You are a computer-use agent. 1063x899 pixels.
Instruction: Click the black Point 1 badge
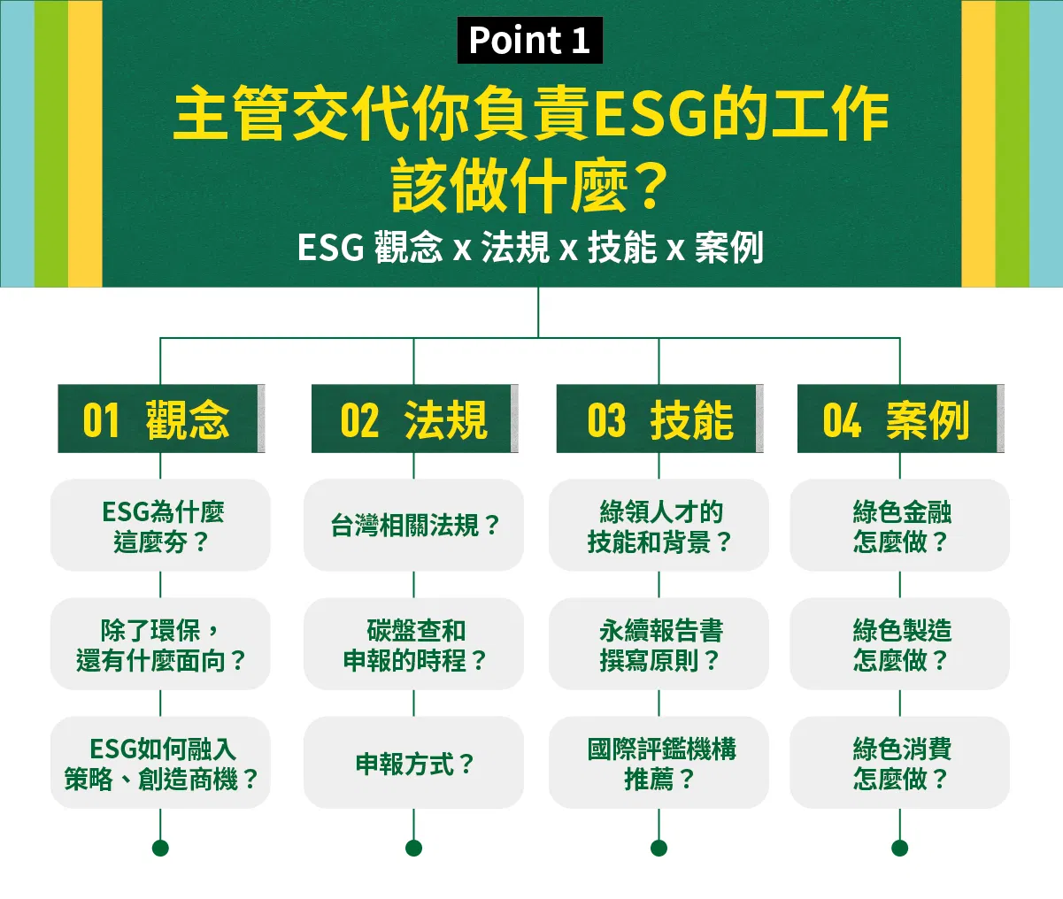tap(529, 40)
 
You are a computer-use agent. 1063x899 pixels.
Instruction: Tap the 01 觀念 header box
tap(161, 419)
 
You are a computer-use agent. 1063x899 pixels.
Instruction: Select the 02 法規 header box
tap(414, 419)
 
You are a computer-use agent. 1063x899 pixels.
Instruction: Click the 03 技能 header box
tap(659, 419)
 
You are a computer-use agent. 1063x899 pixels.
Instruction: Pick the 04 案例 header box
tap(900, 419)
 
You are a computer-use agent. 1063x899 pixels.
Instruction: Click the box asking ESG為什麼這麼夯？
tap(160, 526)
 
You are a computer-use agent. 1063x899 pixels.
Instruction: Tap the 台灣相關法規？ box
tap(414, 526)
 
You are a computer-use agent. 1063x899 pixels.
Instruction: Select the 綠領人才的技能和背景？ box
tap(659, 526)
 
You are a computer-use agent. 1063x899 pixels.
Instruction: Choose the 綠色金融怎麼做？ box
tap(900, 526)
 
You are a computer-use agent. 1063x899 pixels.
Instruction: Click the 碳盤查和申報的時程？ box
tap(414, 643)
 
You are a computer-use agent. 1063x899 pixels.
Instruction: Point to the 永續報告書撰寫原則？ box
tap(659, 643)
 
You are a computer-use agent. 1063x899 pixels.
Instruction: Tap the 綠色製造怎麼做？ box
tap(900, 643)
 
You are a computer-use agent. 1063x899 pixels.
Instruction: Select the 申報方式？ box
tap(414, 762)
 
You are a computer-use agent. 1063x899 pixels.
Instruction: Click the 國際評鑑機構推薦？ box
tap(659, 762)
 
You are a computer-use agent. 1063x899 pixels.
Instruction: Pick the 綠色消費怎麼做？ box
tap(900, 762)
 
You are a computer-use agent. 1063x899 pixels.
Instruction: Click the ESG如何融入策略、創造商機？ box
tap(160, 762)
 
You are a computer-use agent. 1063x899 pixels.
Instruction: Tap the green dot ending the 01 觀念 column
tap(160, 848)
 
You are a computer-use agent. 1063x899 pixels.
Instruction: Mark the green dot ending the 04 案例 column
tap(900, 848)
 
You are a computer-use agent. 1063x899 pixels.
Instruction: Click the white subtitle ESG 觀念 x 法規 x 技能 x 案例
tap(530, 247)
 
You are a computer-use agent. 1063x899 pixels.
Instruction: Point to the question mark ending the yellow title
tap(650, 185)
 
